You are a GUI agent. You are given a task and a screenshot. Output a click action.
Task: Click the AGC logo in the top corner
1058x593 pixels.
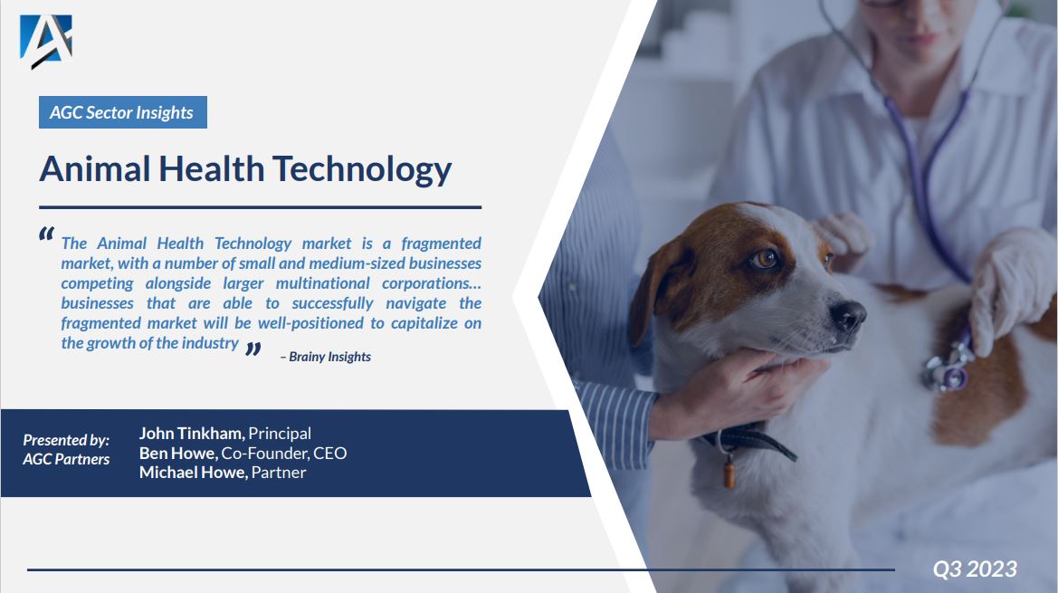pyautogui.click(x=45, y=41)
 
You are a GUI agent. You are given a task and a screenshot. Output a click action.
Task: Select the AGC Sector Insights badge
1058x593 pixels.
pyautogui.click(x=122, y=112)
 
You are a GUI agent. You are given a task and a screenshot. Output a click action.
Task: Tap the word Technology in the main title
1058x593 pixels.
pyautogui.click(x=362, y=169)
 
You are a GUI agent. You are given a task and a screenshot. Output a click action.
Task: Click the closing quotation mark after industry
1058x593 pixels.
pyautogui.click(x=253, y=349)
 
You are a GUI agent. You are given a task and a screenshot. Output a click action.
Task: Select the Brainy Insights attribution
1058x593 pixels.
pyautogui.click(x=326, y=357)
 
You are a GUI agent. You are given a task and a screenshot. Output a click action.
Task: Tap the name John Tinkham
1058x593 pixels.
pyautogui.click(x=191, y=434)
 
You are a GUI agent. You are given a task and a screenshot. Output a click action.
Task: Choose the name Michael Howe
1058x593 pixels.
pyautogui.click(x=193, y=473)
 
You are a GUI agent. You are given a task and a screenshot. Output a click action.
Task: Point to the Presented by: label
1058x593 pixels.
pyautogui.click(x=66, y=440)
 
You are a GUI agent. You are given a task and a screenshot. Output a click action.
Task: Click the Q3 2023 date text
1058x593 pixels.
pyautogui.click(x=975, y=569)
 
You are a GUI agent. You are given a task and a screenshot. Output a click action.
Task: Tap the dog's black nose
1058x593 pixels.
pyautogui.click(x=847, y=316)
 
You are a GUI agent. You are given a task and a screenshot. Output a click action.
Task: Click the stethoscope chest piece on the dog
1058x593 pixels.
pyautogui.click(x=946, y=372)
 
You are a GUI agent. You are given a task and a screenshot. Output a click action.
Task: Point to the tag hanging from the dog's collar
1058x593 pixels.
pyautogui.click(x=729, y=472)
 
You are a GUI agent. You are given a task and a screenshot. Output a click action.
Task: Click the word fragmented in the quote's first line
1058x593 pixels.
pyautogui.click(x=442, y=244)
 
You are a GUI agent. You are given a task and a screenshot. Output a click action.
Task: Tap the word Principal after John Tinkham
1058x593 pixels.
pyautogui.click(x=280, y=434)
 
